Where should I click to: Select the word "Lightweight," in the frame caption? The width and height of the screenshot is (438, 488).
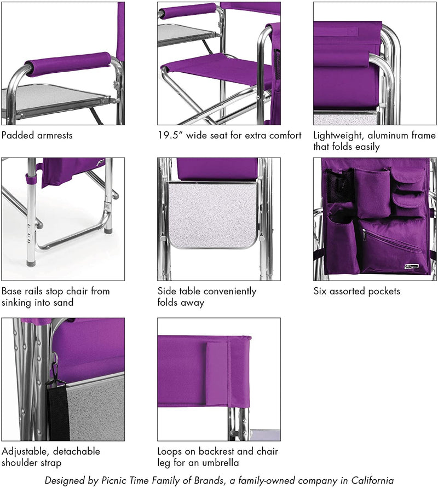click(x=338, y=136)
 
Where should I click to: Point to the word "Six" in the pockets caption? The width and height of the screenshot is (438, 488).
click(x=320, y=291)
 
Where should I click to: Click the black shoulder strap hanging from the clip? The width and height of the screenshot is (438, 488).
click(x=57, y=411)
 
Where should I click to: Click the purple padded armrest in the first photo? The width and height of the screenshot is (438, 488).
click(x=68, y=64)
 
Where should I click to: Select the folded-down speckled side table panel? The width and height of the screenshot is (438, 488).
click(x=212, y=216)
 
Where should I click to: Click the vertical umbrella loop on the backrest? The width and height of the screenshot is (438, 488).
click(x=217, y=374)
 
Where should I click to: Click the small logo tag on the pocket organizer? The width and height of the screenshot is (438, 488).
click(x=412, y=266)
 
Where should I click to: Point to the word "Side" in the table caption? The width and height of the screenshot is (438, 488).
click(x=166, y=291)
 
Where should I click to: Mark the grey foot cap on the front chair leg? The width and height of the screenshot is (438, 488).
click(x=31, y=263)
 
